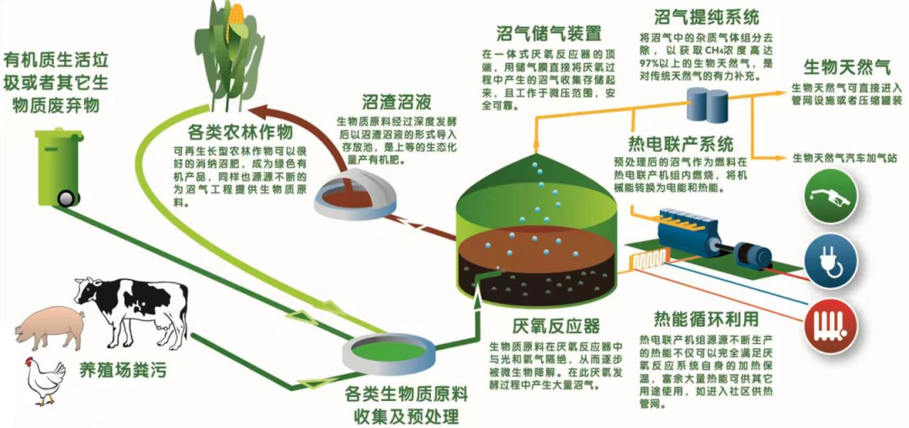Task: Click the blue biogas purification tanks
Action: point(706,105)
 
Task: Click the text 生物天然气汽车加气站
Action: point(843,157)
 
